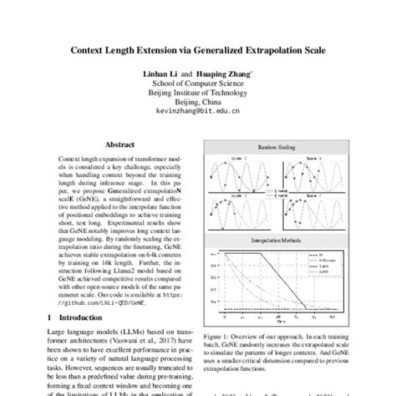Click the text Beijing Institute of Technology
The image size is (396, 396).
(x=197, y=95)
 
